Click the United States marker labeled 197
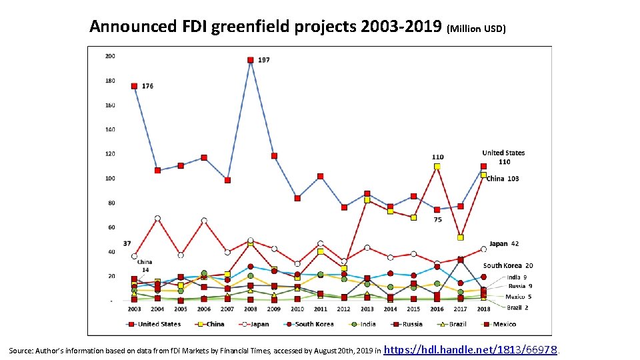click(251, 60)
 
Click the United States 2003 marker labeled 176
click(135, 86)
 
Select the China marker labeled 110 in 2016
click(437, 167)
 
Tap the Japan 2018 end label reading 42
click(504, 244)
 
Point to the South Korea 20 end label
click(508, 265)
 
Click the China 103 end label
click(503, 179)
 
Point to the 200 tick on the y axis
click(110, 56)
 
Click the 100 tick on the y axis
click(110, 178)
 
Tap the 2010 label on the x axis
click(297, 309)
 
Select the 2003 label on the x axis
click(134, 309)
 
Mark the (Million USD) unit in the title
click(477, 29)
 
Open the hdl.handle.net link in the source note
click(471, 349)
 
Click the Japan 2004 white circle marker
click(157, 219)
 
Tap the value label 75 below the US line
click(437, 219)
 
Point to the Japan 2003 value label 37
click(127, 243)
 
